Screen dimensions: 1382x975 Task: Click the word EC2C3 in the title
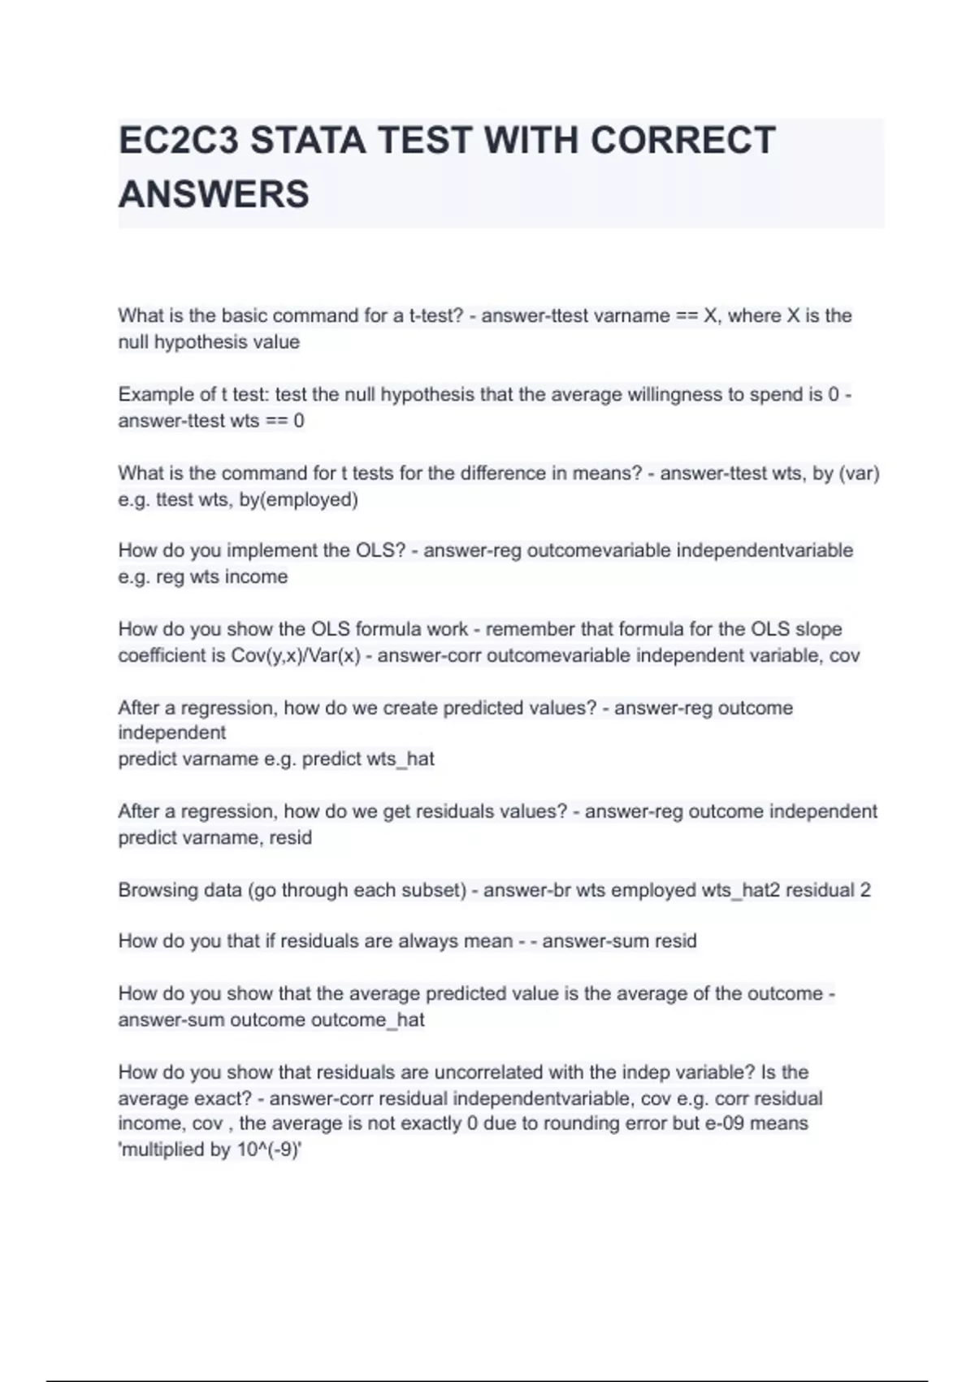click(x=179, y=141)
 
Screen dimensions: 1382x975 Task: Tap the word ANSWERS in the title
click(x=214, y=194)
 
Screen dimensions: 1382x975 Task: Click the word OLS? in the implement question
click(x=380, y=550)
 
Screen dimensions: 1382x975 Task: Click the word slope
click(x=818, y=629)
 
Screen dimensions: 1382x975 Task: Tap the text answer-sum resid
click(x=619, y=941)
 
